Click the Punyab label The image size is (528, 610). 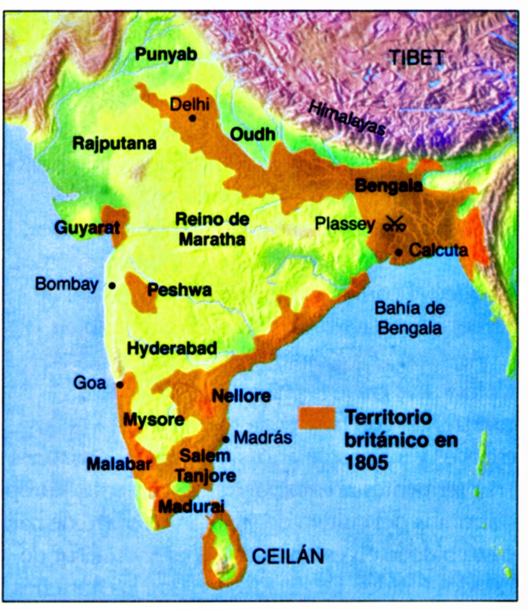pyautogui.click(x=166, y=54)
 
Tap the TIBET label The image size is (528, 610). pyautogui.click(x=416, y=58)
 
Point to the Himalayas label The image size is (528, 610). pyautogui.click(x=347, y=117)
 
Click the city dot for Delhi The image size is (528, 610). pyautogui.click(x=192, y=118)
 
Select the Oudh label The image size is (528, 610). pyautogui.click(x=253, y=134)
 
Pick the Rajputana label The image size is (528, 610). pyautogui.click(x=114, y=143)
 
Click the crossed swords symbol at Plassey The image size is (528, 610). pyautogui.click(x=395, y=224)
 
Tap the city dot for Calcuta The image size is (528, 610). pyautogui.click(x=399, y=252)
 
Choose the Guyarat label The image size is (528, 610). pyautogui.click(x=87, y=228)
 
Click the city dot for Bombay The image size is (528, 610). pyautogui.click(x=112, y=286)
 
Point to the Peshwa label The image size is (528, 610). pyautogui.click(x=180, y=290)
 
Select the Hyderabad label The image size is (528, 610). pyautogui.click(x=172, y=348)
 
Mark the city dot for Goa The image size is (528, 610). pyautogui.click(x=120, y=385)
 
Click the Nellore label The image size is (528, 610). pyautogui.click(x=241, y=396)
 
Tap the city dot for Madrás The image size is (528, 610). pyautogui.click(x=226, y=439)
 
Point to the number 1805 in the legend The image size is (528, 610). pyautogui.click(x=366, y=463)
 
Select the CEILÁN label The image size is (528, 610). pyautogui.click(x=288, y=556)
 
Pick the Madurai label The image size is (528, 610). pyautogui.click(x=192, y=506)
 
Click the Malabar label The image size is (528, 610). pyautogui.click(x=119, y=464)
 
